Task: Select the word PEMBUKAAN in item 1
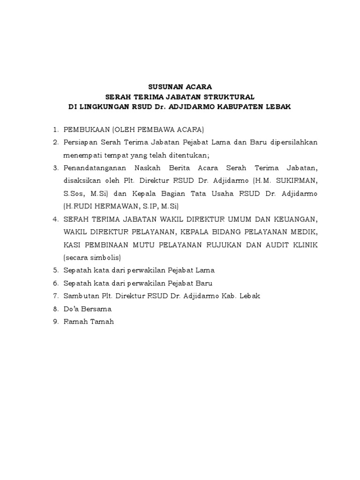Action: [85, 129]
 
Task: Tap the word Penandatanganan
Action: [92, 167]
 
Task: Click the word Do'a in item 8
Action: [71, 309]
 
